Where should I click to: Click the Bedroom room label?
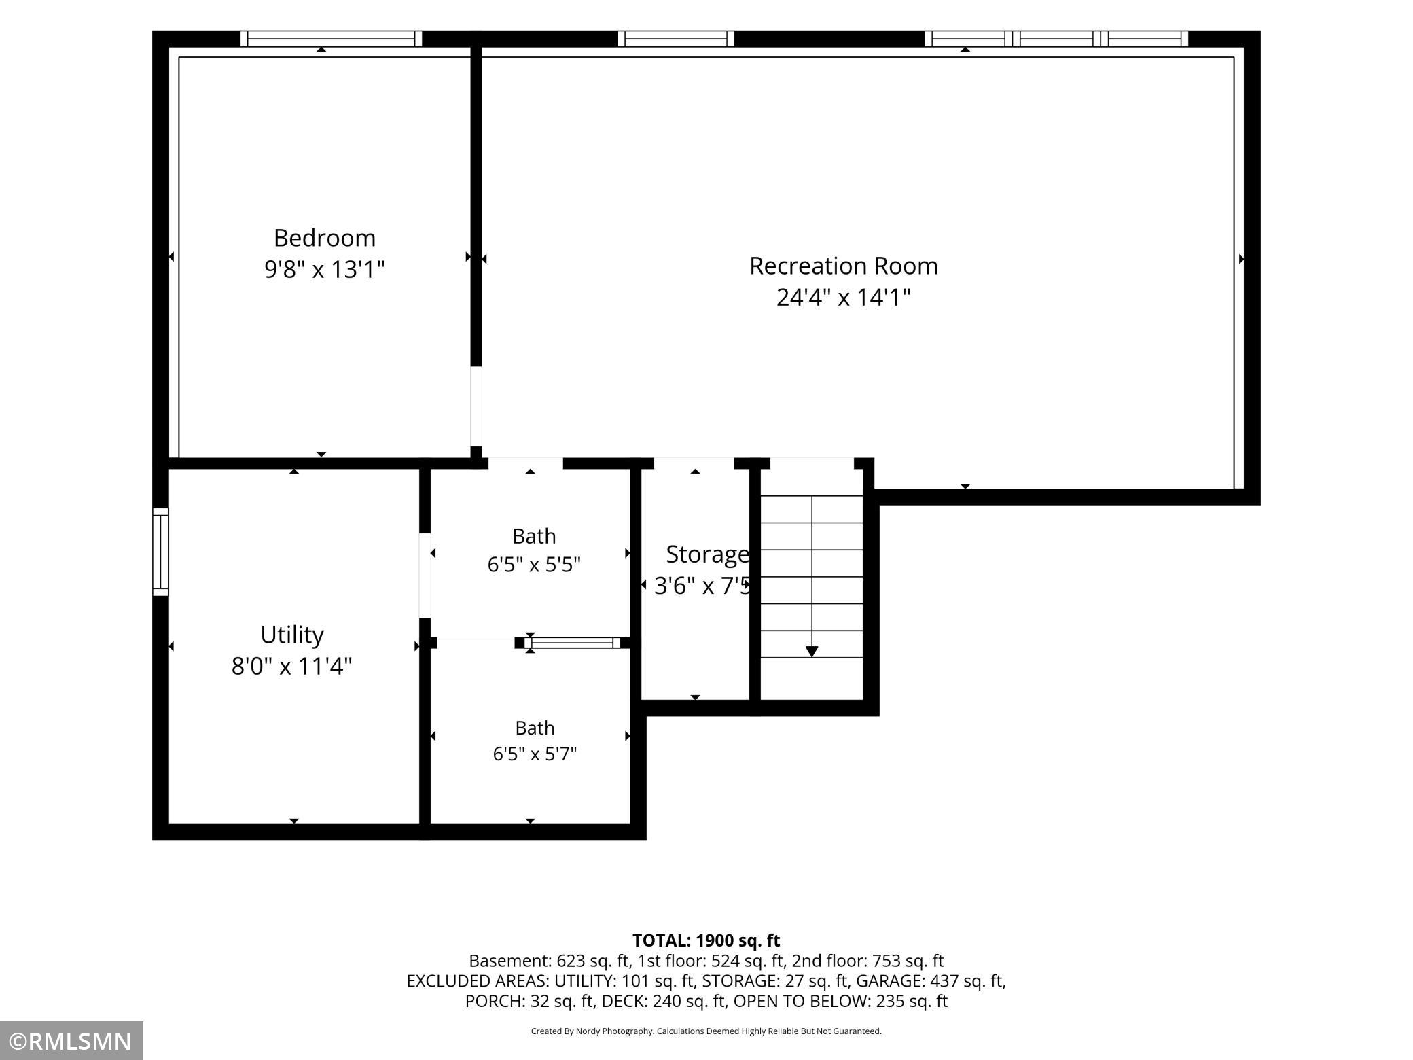coord(325,238)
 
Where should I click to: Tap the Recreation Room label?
coord(843,266)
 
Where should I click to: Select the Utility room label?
coord(292,635)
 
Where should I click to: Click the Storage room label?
coord(707,555)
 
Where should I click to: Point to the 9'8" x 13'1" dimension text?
coord(325,270)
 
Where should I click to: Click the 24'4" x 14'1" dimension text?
coord(843,298)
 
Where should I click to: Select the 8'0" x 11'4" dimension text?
coord(292,667)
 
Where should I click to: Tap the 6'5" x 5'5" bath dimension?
coord(534,565)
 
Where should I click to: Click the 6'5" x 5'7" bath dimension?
coord(535,754)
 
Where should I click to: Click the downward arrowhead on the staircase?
coord(812,652)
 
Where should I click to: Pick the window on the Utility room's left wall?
coord(160,552)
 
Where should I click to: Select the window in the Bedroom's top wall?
coord(332,39)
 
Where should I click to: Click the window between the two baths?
coord(572,643)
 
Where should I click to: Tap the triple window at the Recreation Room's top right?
coord(1056,39)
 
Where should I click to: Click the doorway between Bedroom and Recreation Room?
coord(476,406)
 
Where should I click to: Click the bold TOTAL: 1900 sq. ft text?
coord(706,940)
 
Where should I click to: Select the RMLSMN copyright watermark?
coord(71,1041)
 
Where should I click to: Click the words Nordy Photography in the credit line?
coord(613,1031)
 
